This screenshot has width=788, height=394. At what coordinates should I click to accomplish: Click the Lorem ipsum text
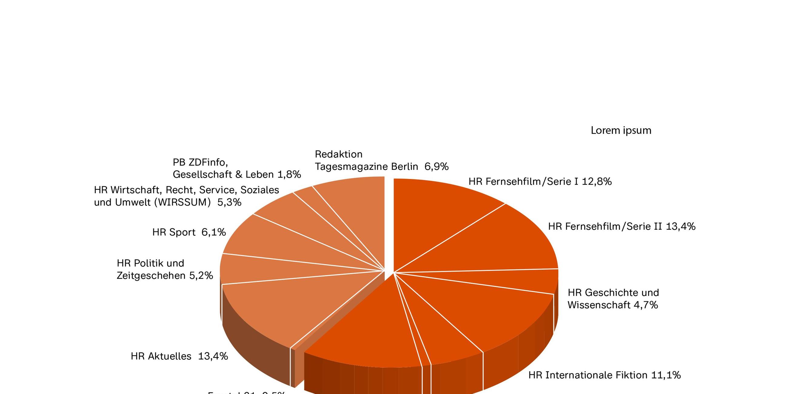pyautogui.click(x=621, y=131)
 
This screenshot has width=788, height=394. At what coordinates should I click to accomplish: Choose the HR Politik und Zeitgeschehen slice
pyautogui.click(x=275, y=269)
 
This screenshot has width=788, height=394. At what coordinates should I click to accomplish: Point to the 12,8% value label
pyautogui.click(x=596, y=182)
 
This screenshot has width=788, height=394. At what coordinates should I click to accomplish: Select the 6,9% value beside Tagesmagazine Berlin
pyautogui.click(x=436, y=167)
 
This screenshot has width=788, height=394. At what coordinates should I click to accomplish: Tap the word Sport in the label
pyautogui.click(x=182, y=232)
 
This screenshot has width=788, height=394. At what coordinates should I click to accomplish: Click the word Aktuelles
pyautogui.click(x=170, y=356)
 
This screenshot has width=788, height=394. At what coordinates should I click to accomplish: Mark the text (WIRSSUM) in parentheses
pyautogui.click(x=182, y=202)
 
